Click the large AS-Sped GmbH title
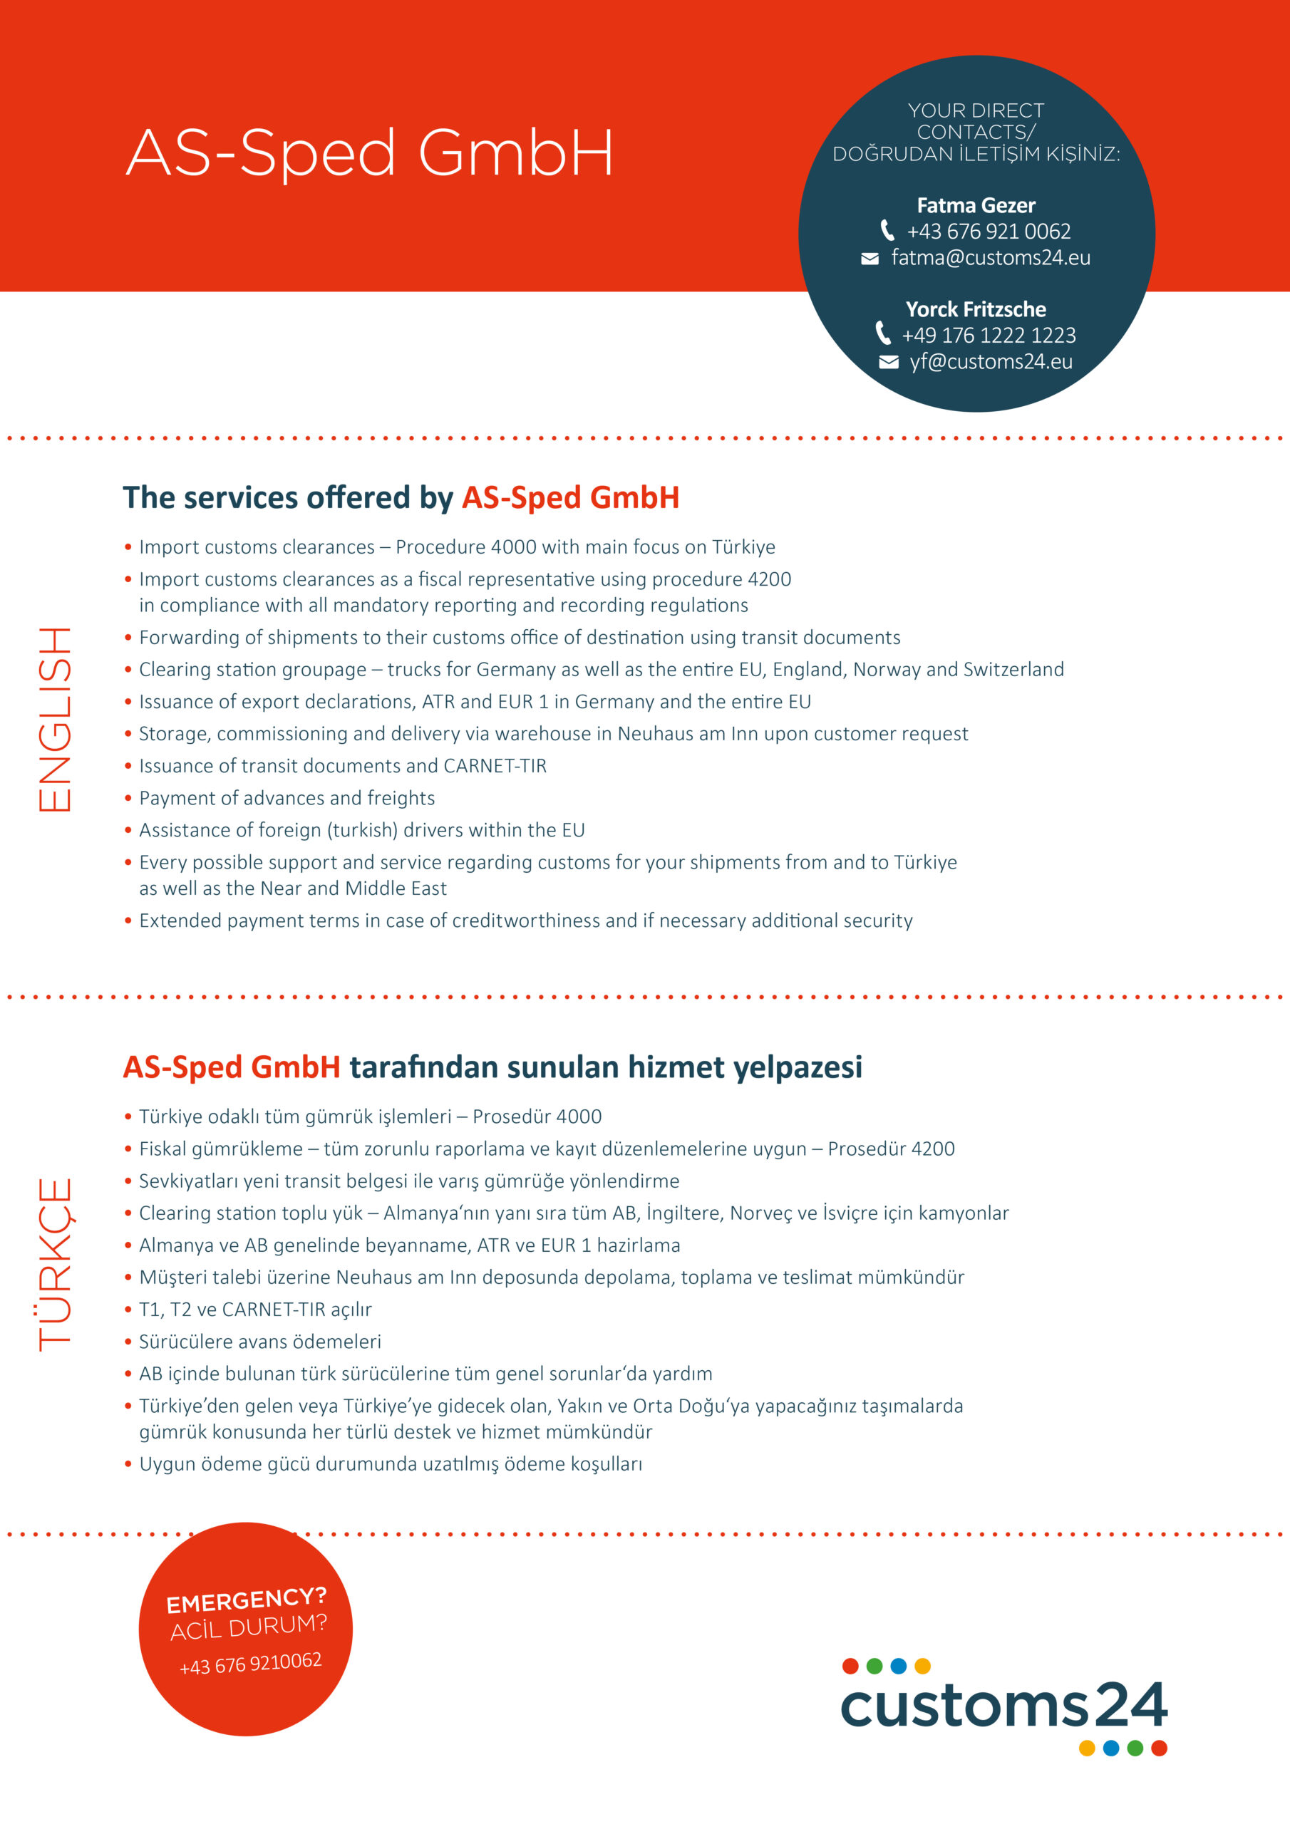coord(370,152)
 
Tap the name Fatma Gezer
coord(975,206)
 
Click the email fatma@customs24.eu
coord(991,258)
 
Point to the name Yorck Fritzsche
coord(975,309)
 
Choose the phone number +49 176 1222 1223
coord(988,336)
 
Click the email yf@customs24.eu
coord(991,362)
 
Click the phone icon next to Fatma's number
coord(887,230)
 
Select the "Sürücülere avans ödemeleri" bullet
coord(259,1342)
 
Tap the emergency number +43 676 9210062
coord(250,1663)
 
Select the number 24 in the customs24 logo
coord(1130,1704)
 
